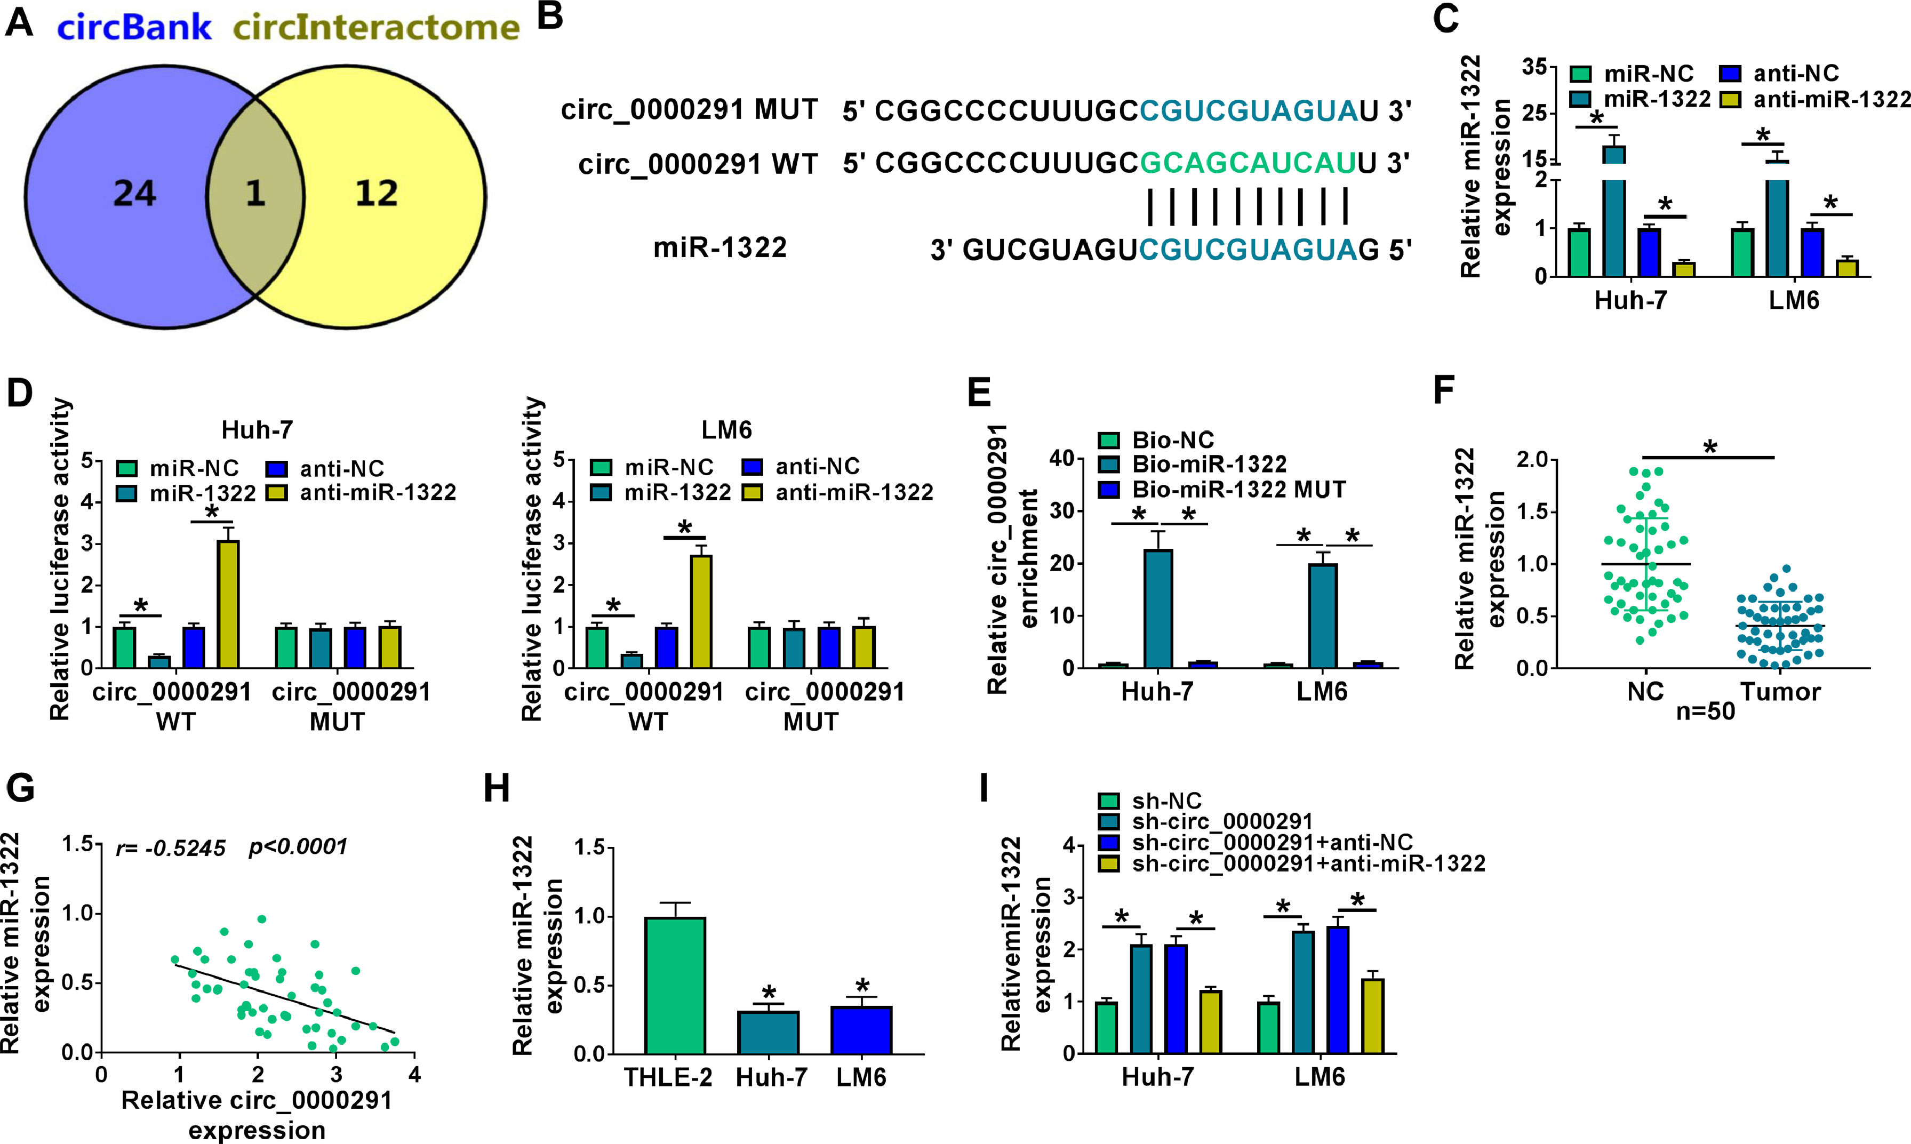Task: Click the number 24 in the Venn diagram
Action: click(135, 193)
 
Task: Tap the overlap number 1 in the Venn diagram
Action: click(255, 193)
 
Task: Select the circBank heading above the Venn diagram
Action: click(134, 28)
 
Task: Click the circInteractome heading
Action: click(376, 28)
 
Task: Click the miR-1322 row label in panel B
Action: click(720, 247)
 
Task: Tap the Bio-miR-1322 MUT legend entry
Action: click(1238, 490)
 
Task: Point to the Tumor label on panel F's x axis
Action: click(1780, 692)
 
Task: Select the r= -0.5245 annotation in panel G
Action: click(171, 848)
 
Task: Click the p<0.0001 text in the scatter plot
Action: click(298, 847)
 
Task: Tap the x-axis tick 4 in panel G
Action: click(415, 1074)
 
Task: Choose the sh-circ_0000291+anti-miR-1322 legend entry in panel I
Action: click(1307, 863)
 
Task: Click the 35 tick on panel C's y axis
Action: click(1534, 68)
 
